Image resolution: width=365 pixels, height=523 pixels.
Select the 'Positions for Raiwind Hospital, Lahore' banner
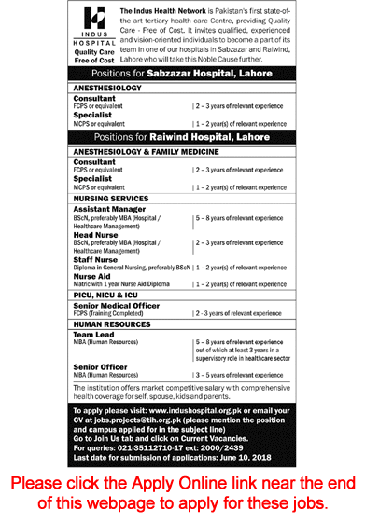pyautogui.click(x=181, y=136)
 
